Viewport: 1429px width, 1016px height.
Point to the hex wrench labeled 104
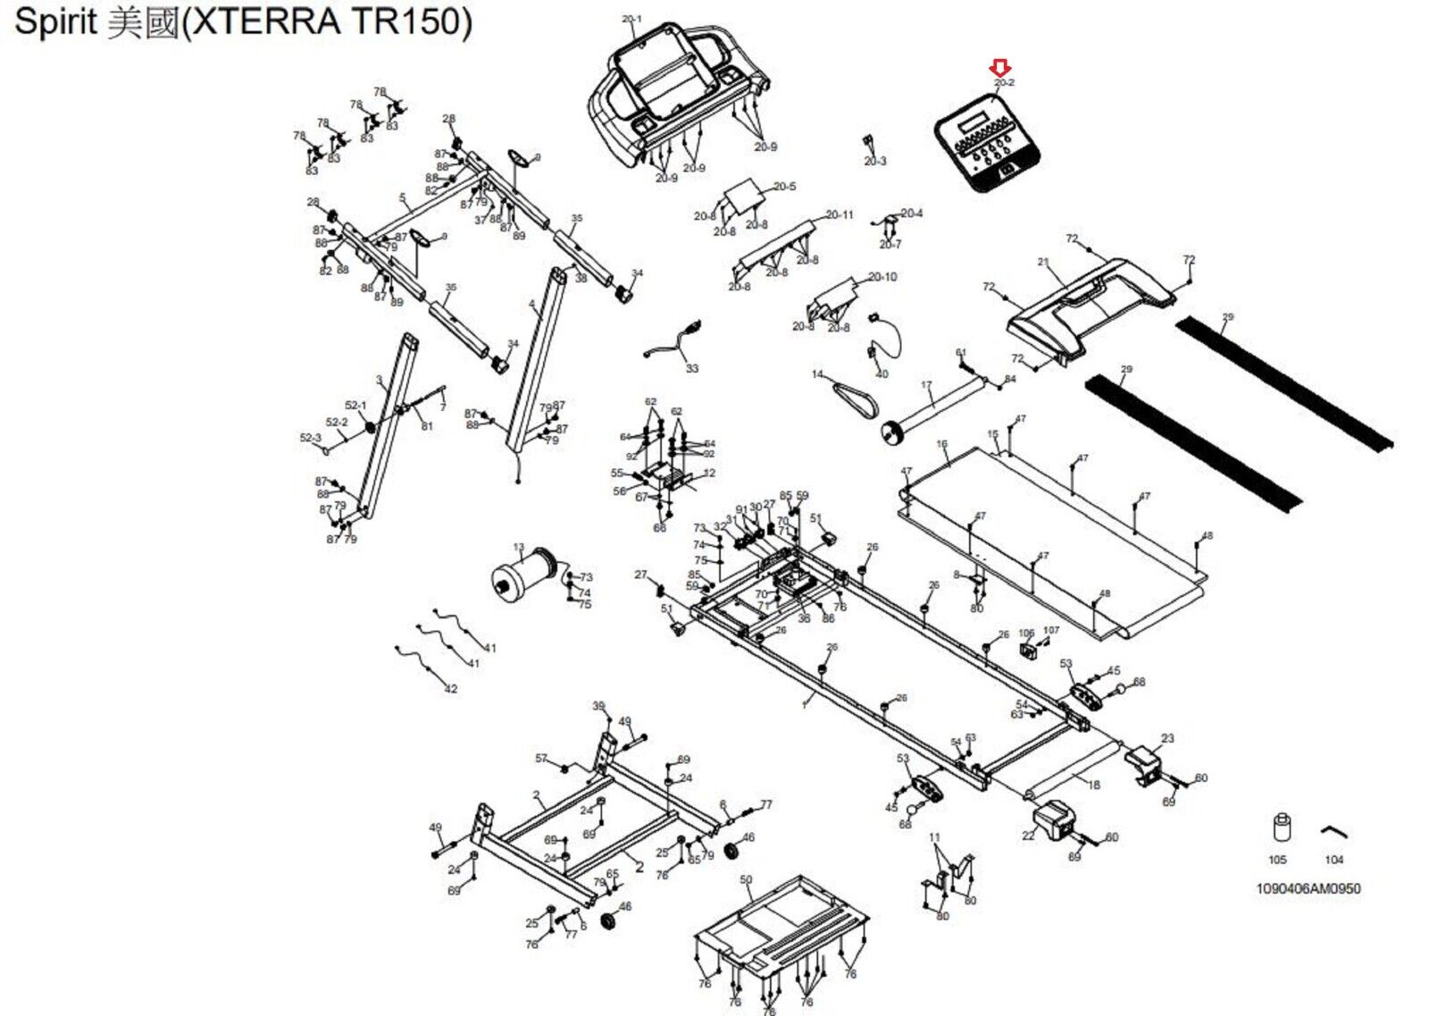(1333, 833)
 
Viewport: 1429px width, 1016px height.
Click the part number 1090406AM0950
(1308, 889)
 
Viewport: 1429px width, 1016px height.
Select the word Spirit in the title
(55, 21)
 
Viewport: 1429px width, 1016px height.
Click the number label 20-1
(631, 19)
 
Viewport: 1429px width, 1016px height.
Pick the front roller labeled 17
(938, 406)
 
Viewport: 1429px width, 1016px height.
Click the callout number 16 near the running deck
(941, 444)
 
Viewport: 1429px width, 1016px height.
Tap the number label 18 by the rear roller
(1094, 785)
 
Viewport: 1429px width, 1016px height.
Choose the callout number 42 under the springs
(451, 689)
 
